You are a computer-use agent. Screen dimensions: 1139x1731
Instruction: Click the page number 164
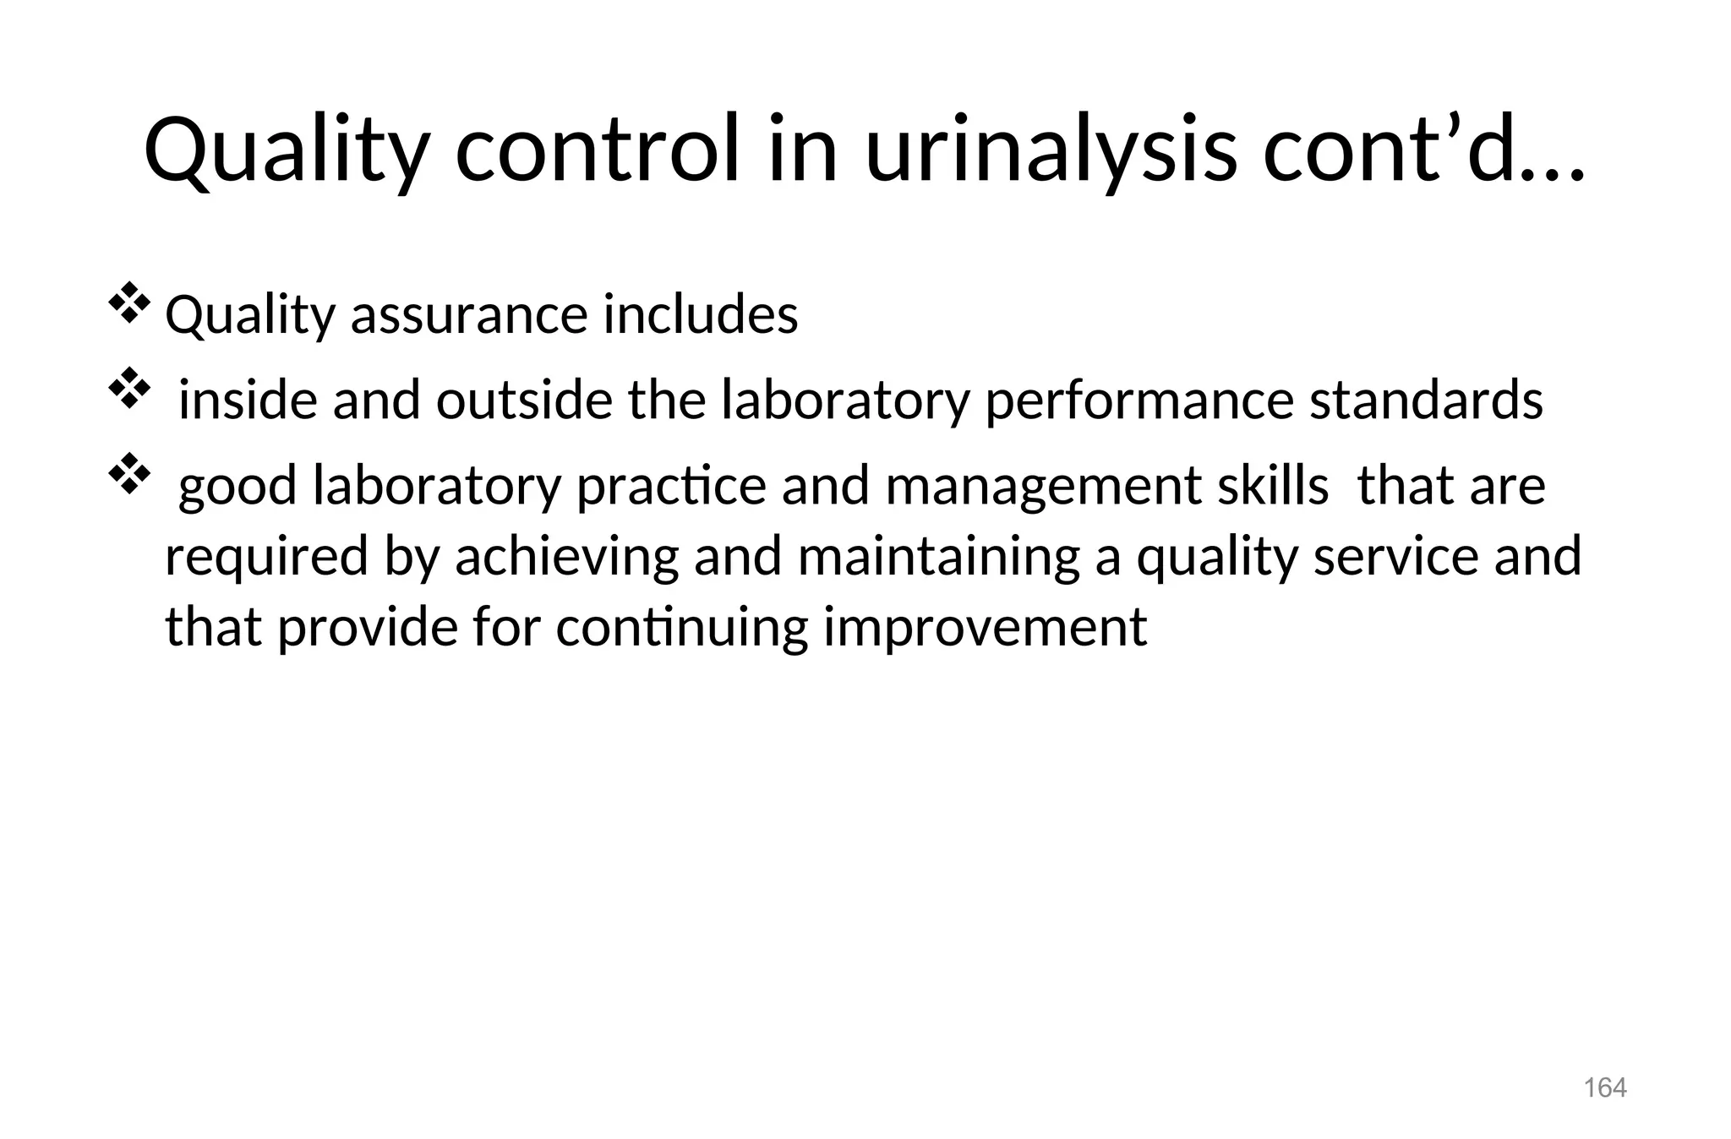1604,1088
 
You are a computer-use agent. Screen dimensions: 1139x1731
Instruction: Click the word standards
1426,401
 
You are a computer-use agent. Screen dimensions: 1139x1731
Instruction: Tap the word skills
1273,487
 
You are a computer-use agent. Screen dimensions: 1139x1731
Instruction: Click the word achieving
566,558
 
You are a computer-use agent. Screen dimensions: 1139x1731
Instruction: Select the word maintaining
938,558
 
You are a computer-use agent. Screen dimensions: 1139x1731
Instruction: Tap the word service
1395,558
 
